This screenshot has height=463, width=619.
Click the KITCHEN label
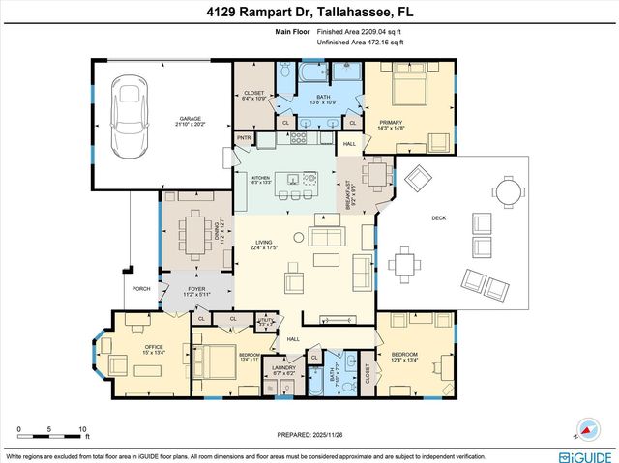261,178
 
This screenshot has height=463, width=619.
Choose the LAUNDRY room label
284,367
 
